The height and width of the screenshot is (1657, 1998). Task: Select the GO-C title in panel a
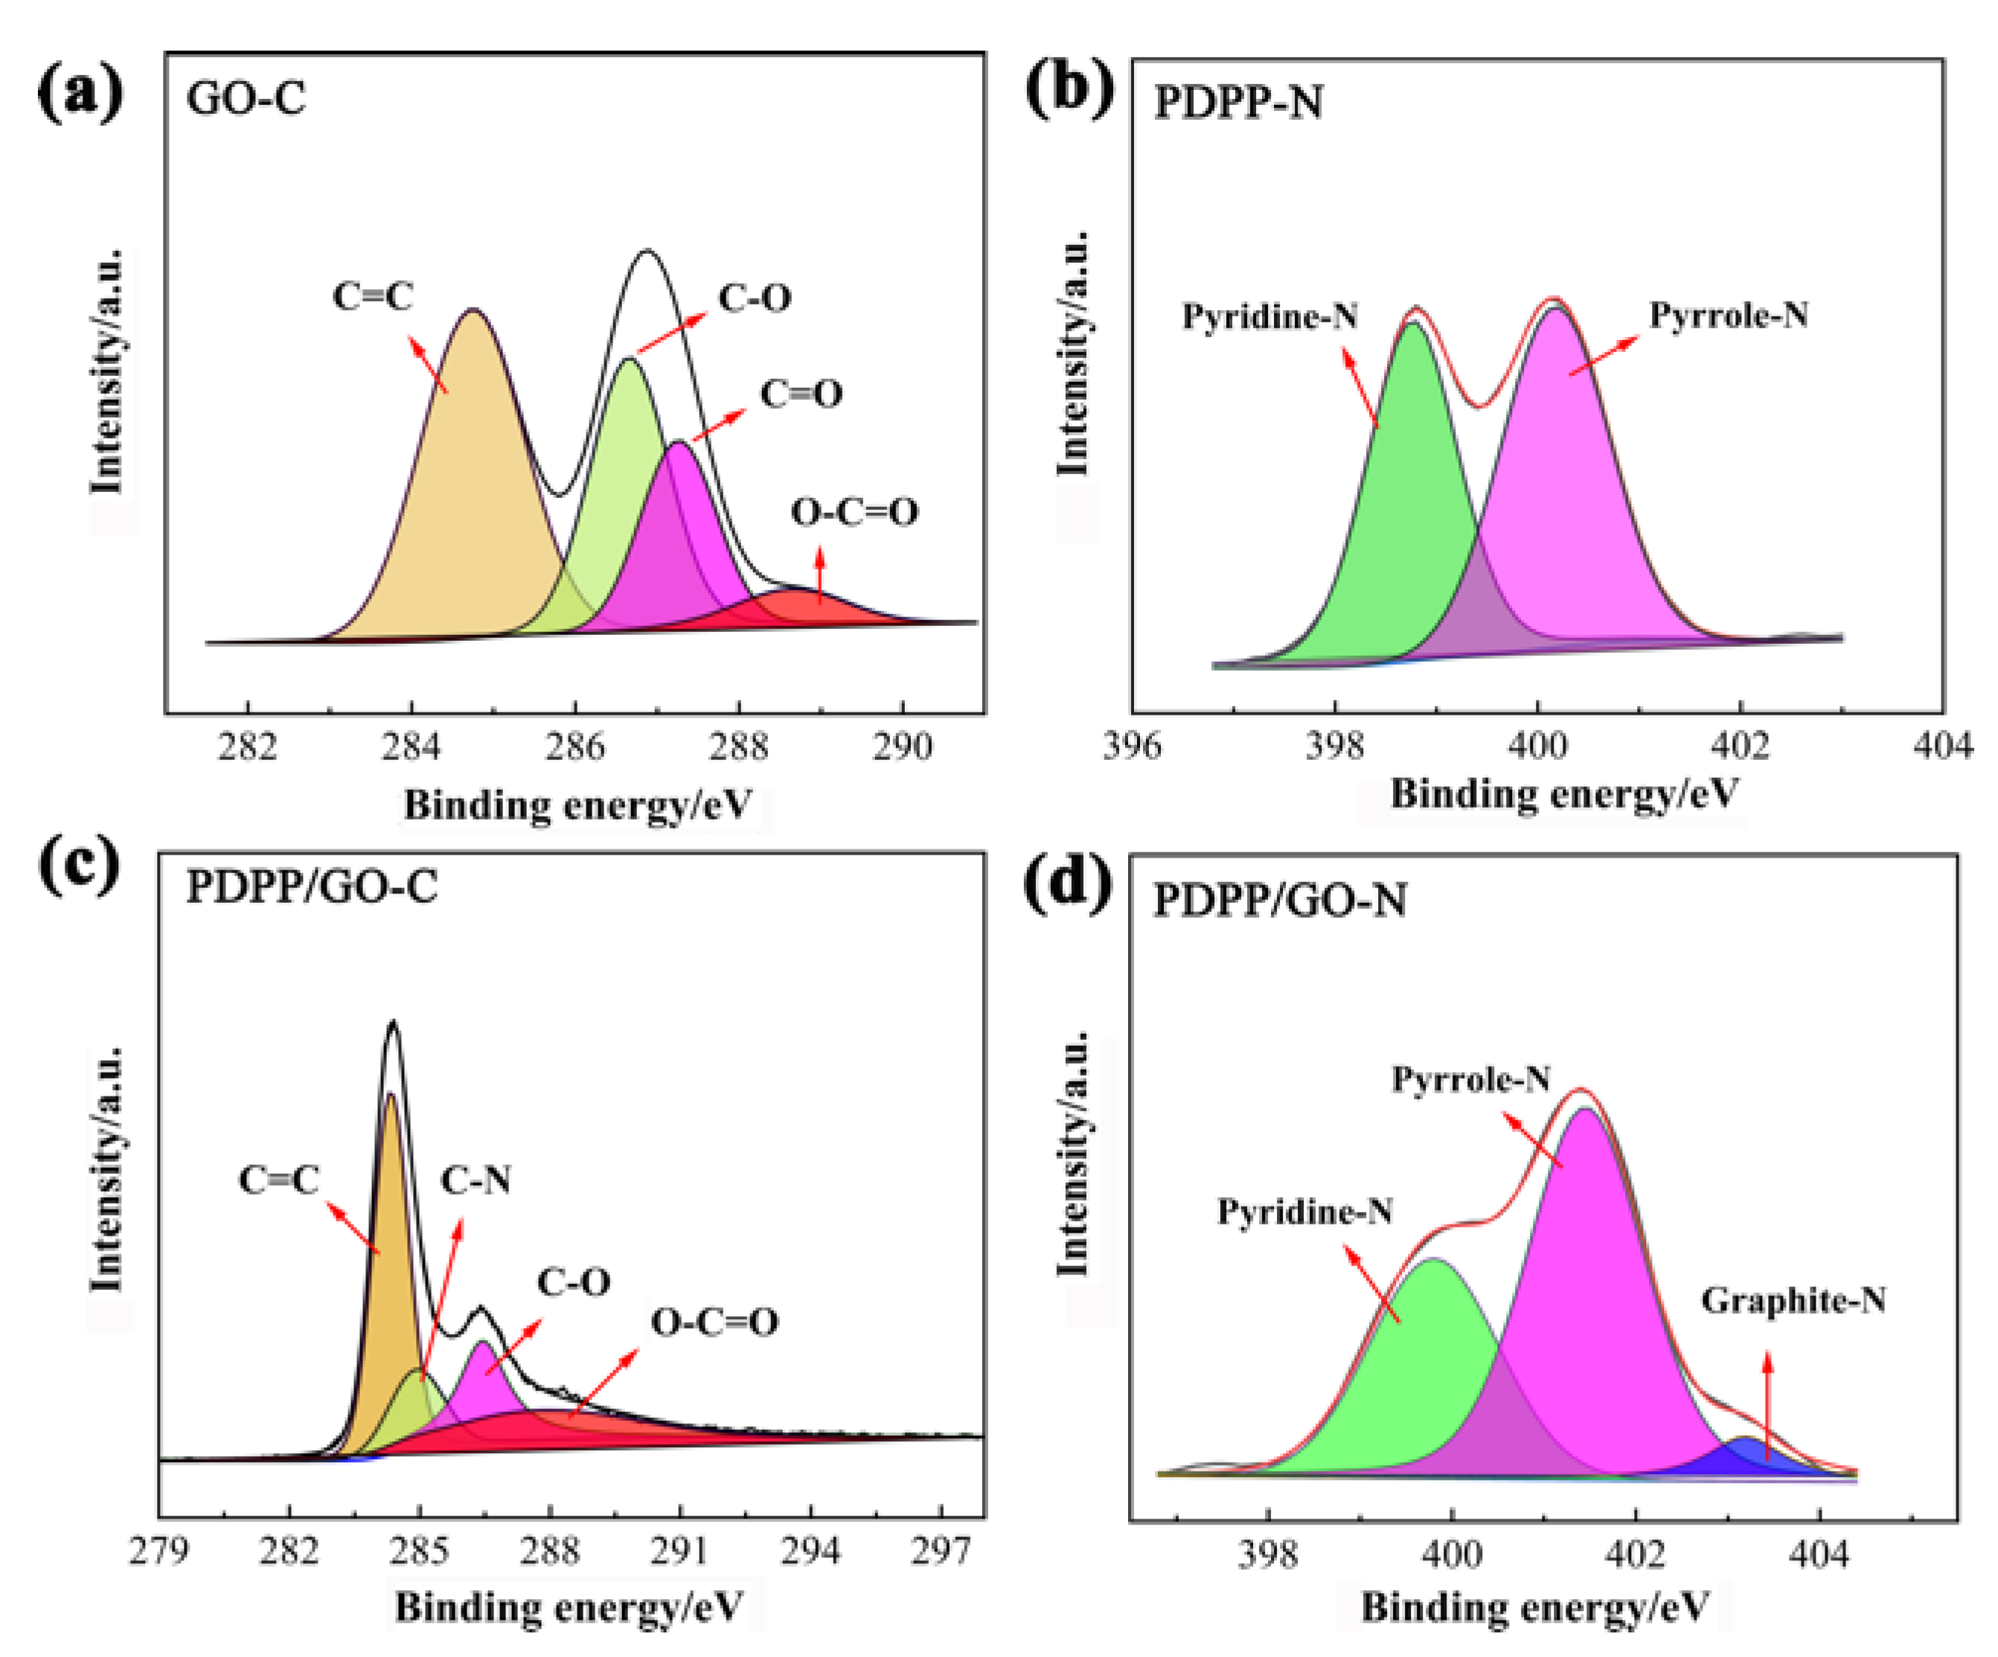[246, 98]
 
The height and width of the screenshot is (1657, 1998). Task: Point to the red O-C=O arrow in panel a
[819, 576]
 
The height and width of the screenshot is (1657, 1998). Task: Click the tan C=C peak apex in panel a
[473, 310]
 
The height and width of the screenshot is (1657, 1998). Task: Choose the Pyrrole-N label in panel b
[1728, 315]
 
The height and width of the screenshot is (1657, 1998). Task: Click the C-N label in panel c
[475, 1180]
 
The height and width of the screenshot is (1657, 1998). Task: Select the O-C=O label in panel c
[714, 1321]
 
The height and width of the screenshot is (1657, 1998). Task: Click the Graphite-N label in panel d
[1793, 1300]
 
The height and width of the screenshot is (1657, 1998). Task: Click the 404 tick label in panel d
[1818, 1554]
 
